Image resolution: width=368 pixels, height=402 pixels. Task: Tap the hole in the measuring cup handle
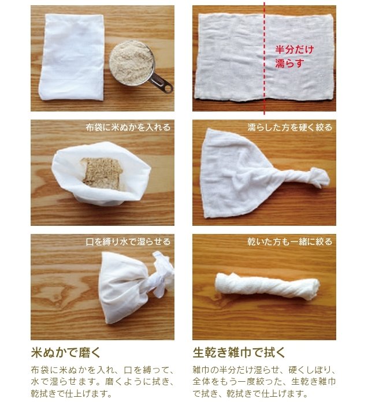click(x=168, y=88)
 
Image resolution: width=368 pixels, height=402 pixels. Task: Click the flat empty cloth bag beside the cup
click(x=72, y=57)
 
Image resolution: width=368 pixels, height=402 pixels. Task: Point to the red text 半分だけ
click(x=295, y=49)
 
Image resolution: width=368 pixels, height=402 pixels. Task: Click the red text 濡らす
click(x=290, y=63)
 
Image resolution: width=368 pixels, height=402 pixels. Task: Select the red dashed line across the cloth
click(x=264, y=58)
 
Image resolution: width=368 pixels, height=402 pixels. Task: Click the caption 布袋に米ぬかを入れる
click(x=128, y=128)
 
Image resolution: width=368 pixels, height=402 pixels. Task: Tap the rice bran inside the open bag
click(x=101, y=174)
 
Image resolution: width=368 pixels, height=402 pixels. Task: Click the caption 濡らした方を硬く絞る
click(x=290, y=128)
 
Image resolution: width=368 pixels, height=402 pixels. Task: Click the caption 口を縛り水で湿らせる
click(x=128, y=242)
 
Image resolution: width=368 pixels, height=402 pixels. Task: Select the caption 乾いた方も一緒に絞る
click(x=290, y=242)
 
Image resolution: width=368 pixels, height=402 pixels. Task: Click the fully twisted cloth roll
click(x=267, y=286)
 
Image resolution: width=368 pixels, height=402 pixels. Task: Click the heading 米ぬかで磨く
click(x=66, y=352)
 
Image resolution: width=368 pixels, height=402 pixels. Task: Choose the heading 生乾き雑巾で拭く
click(x=239, y=352)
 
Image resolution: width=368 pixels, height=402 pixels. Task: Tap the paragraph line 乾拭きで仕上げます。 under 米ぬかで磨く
click(x=72, y=393)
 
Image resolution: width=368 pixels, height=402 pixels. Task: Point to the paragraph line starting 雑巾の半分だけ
click(x=264, y=370)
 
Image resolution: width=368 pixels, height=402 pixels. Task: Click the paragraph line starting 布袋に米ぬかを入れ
click(x=102, y=370)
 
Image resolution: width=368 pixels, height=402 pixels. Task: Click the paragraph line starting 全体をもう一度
click(x=264, y=381)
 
